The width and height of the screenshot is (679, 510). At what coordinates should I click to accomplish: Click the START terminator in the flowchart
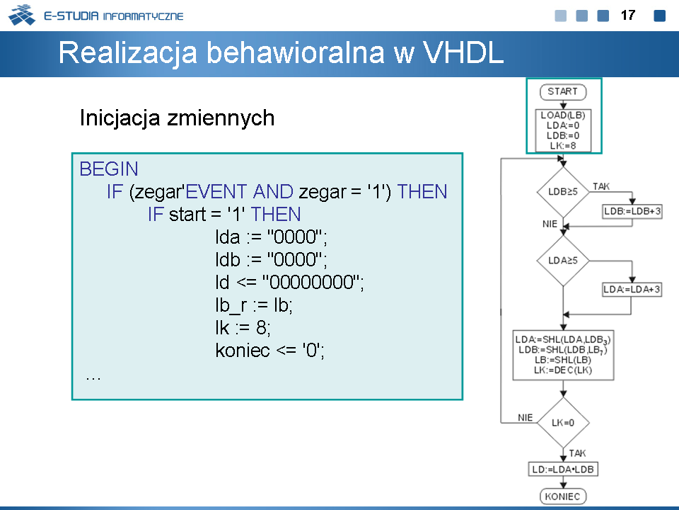coord(563,92)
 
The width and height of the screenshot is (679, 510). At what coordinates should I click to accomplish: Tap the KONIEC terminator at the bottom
coord(563,496)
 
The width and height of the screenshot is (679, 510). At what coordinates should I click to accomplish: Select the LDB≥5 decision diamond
coord(563,192)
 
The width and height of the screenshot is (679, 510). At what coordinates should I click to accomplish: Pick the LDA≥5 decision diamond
coord(563,261)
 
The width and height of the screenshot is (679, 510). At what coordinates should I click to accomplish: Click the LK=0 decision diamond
coord(563,422)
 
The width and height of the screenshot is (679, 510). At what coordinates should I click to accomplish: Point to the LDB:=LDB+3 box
coord(632,212)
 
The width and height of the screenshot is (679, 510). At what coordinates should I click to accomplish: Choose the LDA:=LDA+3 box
coord(632,289)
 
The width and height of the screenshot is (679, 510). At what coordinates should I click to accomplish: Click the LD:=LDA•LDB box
coord(563,469)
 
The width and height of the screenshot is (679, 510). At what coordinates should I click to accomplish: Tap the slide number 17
coord(628,16)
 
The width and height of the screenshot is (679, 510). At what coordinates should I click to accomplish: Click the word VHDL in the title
coord(463,53)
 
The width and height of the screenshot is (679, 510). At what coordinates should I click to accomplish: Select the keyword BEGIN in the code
coord(109,169)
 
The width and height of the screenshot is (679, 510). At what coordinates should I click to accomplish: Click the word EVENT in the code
coord(216,192)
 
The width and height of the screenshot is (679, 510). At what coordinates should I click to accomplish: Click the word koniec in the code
coord(243,351)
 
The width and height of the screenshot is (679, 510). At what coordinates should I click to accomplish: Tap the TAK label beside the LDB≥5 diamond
coord(601,186)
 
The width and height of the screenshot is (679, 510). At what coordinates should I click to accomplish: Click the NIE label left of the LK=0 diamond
coord(526,418)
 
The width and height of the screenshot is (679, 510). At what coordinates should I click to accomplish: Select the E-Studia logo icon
coord(22,15)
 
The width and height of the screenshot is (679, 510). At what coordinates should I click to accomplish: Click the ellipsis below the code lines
coord(93,378)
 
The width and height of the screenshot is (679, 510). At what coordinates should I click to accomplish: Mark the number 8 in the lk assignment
coord(261,328)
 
